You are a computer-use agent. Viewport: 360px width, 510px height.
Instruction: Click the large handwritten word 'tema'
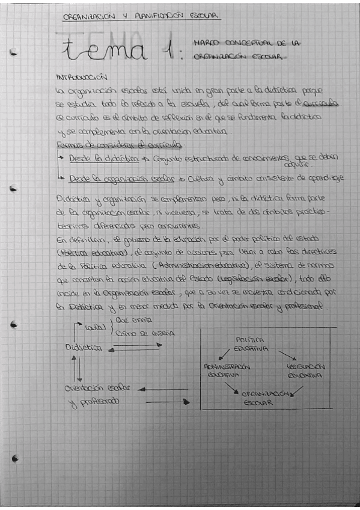(105, 51)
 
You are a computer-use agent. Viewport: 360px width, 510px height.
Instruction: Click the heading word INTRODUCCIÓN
(81, 78)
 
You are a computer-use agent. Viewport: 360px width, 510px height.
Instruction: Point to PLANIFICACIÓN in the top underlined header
(148, 17)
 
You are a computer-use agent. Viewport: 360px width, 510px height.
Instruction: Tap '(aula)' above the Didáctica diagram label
(97, 328)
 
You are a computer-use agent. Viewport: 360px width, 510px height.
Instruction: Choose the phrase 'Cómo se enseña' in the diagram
(144, 333)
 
